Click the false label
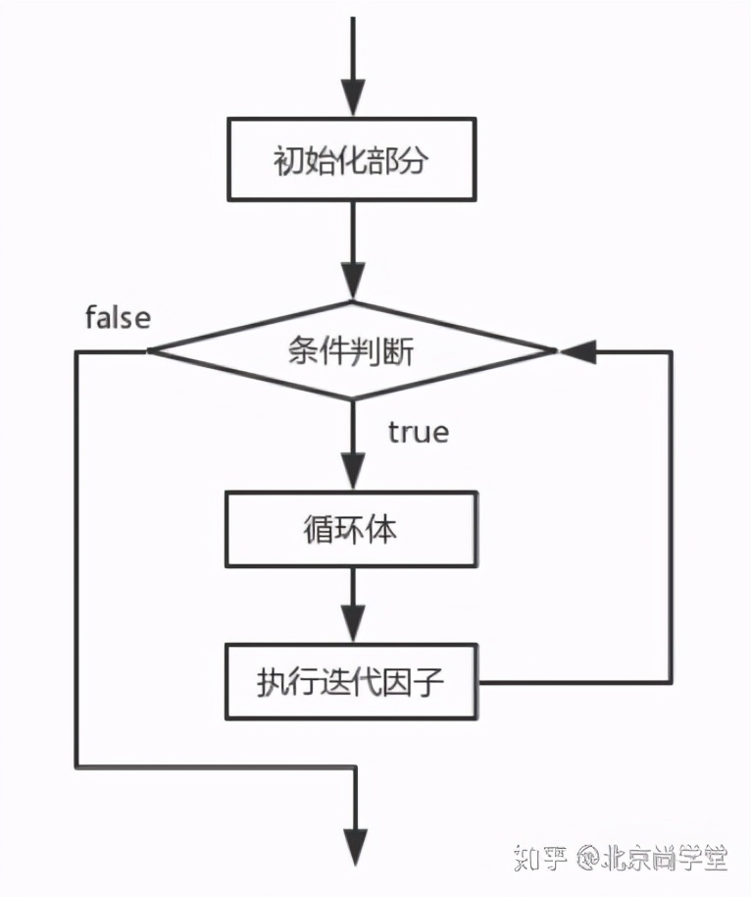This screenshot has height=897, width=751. coord(118,317)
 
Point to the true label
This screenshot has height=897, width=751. coord(418,432)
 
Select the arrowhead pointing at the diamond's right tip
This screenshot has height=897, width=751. coord(576,350)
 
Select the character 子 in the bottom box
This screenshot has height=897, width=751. coord(430,681)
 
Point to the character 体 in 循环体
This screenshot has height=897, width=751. coord(383,530)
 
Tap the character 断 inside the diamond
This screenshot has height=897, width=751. coord(399,350)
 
